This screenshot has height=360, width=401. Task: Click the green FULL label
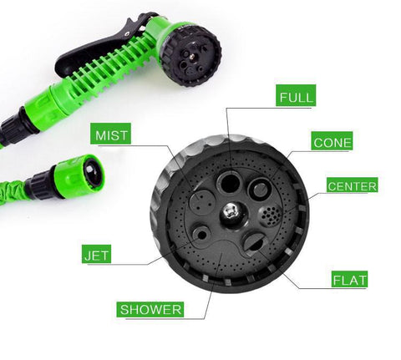[x=297, y=97]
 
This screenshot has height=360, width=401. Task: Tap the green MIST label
[x=111, y=134]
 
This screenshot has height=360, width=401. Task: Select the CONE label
[x=332, y=142]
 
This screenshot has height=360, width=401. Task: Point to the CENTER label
[x=352, y=185]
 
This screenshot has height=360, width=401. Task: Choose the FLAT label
[x=349, y=280]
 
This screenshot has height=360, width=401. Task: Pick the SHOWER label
[x=151, y=310]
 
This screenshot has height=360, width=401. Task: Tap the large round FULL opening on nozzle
[x=228, y=182]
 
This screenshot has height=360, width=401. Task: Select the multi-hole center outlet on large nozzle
[x=269, y=215]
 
